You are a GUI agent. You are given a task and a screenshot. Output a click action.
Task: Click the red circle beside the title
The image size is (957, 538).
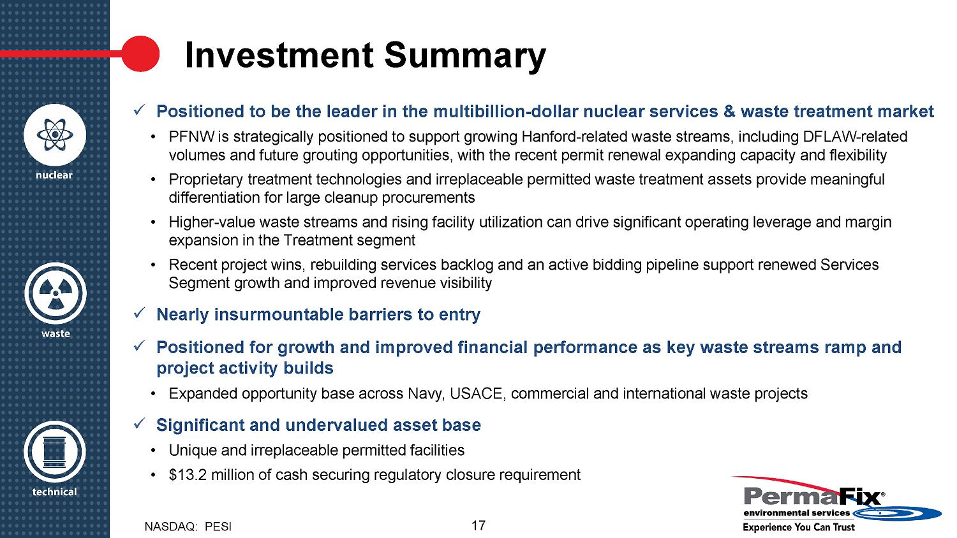(140, 54)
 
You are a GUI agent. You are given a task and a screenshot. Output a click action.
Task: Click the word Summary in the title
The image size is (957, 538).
(465, 56)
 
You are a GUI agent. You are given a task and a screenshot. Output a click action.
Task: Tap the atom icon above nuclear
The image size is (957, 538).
(55, 135)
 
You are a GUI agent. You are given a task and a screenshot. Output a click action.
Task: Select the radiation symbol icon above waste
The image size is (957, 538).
(56, 293)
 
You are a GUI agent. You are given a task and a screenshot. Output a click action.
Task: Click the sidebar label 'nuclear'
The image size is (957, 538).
(54, 175)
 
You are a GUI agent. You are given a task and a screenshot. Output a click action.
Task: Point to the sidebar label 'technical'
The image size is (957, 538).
(55, 492)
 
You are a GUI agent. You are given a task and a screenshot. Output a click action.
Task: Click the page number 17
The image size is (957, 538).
(478, 525)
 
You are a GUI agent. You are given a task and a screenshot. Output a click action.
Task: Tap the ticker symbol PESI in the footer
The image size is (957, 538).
(218, 527)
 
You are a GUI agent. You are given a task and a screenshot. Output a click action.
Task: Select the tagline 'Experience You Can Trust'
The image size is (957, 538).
(799, 527)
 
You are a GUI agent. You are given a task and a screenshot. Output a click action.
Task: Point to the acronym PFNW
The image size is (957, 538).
(192, 136)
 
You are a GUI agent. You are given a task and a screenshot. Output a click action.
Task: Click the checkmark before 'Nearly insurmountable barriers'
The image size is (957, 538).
(139, 313)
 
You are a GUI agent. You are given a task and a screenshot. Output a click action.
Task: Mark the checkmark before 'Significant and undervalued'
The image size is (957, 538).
(139, 423)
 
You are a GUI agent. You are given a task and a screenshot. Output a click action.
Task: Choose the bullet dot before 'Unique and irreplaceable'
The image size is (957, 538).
(153, 451)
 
